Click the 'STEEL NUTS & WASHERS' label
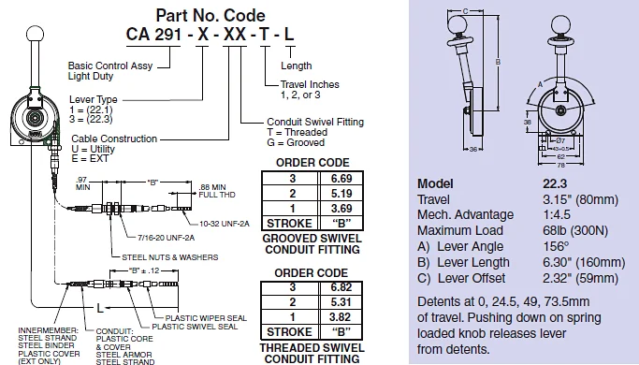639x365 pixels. click(168, 255)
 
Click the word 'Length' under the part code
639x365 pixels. click(298, 66)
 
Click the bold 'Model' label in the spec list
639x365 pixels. click(435, 183)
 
